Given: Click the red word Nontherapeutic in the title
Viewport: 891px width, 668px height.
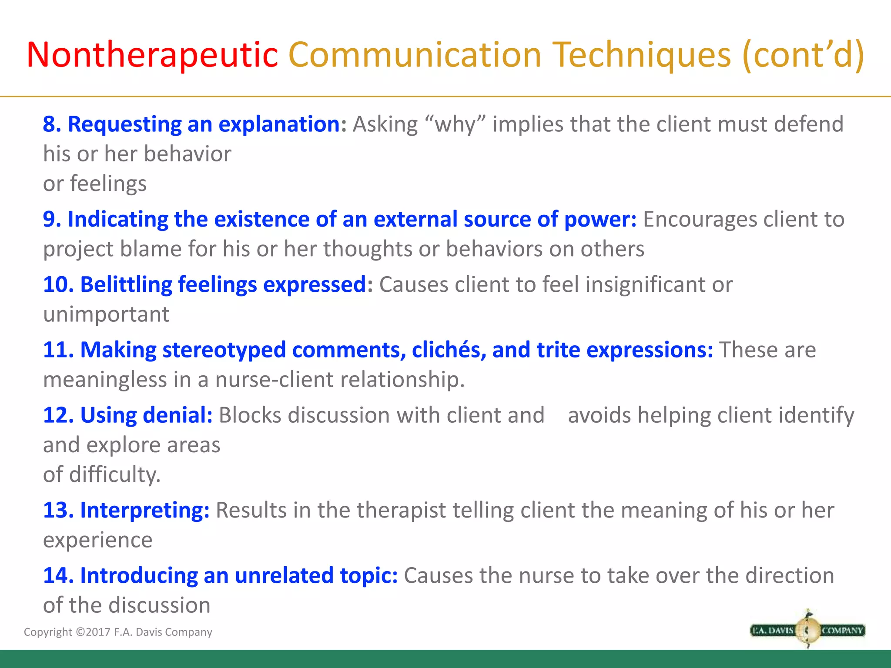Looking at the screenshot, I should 152,55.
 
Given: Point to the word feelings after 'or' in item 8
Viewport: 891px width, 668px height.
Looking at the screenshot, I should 108,184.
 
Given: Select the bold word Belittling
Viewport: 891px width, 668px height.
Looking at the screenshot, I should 126,285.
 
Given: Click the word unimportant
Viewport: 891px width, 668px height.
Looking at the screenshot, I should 106,314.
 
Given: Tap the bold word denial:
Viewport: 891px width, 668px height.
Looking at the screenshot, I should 178,415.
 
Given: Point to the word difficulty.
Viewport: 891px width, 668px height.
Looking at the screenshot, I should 115,474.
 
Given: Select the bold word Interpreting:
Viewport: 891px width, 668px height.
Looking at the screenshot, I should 144,510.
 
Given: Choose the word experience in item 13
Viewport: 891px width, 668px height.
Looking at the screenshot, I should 98,540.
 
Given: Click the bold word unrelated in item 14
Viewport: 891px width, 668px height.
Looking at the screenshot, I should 284,576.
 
